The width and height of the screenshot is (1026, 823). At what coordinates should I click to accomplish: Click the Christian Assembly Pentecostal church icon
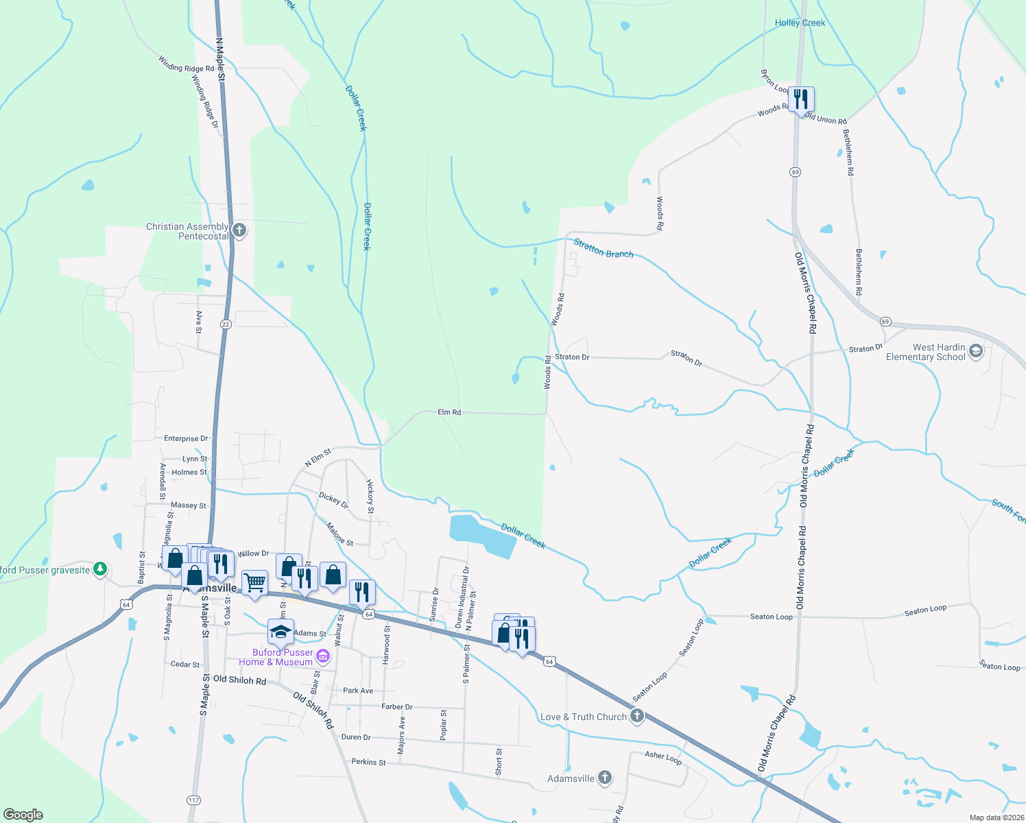tap(239, 230)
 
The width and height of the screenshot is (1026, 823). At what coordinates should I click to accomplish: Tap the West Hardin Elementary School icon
tap(976, 352)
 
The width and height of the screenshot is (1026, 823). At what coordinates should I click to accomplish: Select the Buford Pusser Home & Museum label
tap(283, 657)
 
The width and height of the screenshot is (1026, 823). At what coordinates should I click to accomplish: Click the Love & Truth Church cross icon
tap(637, 717)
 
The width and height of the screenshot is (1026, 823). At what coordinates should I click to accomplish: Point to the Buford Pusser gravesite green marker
tap(100, 569)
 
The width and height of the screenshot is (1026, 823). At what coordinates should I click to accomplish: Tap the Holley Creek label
tap(800, 23)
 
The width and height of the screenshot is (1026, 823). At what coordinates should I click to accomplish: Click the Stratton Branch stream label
tap(603, 248)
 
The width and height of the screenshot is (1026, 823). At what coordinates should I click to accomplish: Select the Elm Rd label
tap(449, 412)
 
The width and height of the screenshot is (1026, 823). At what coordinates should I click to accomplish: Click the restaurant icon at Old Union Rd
tap(800, 99)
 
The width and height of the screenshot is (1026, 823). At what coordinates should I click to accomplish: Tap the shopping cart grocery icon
tap(254, 583)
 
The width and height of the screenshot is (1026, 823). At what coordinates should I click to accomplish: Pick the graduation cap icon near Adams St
tap(281, 632)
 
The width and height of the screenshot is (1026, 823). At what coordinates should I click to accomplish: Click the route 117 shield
tap(193, 800)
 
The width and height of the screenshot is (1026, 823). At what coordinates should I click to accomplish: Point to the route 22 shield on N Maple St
tap(226, 324)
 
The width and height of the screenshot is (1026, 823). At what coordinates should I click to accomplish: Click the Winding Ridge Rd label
tap(186, 64)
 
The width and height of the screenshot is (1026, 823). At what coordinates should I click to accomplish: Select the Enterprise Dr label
tap(185, 438)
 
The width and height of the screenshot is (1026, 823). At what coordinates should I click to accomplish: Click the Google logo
tap(23, 815)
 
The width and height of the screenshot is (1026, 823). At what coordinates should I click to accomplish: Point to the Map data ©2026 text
tap(995, 818)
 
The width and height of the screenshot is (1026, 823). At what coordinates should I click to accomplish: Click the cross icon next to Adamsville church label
tap(604, 777)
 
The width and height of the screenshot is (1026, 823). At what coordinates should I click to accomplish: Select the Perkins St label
tap(368, 762)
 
